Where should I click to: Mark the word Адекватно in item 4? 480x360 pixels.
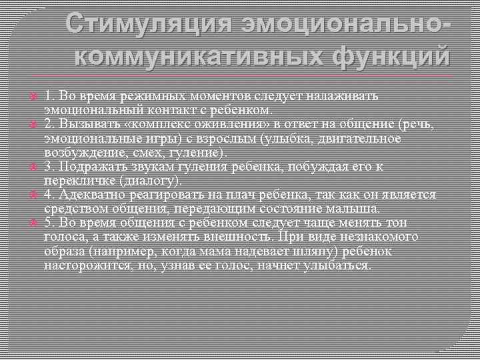coord(88,195)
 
